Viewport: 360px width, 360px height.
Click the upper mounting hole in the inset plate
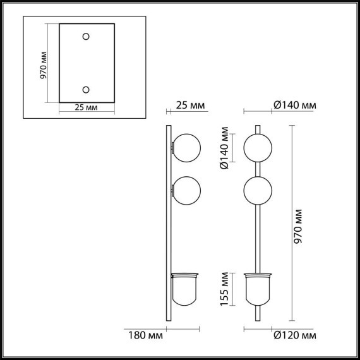coord(87,37)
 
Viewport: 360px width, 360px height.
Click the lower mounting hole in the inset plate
coord(87,89)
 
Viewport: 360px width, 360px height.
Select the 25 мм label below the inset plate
coord(86,108)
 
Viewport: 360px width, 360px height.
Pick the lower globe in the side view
coord(187,190)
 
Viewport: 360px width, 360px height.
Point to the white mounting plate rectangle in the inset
coord(87,63)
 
